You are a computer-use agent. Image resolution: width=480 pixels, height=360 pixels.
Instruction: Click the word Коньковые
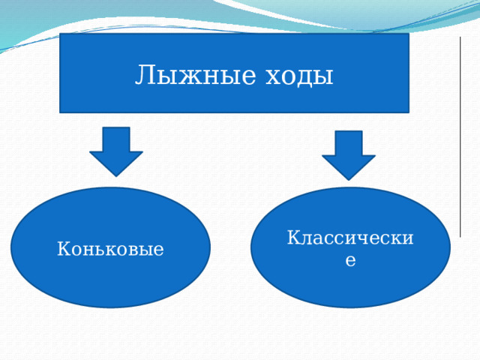click(110, 248)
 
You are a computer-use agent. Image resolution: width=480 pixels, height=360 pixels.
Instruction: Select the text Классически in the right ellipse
click(350, 238)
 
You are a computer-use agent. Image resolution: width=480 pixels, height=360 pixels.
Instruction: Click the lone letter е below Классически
click(350, 259)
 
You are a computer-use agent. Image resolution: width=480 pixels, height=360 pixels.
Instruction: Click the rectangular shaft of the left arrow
click(116, 139)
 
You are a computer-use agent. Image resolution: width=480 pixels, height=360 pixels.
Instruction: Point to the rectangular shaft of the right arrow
click(349, 143)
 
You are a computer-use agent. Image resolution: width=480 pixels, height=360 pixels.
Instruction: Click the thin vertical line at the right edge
click(460, 135)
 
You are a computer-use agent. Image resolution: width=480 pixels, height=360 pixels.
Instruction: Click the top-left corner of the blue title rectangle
click(61, 34)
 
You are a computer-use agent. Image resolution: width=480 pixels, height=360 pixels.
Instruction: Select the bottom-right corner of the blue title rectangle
click(408, 112)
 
